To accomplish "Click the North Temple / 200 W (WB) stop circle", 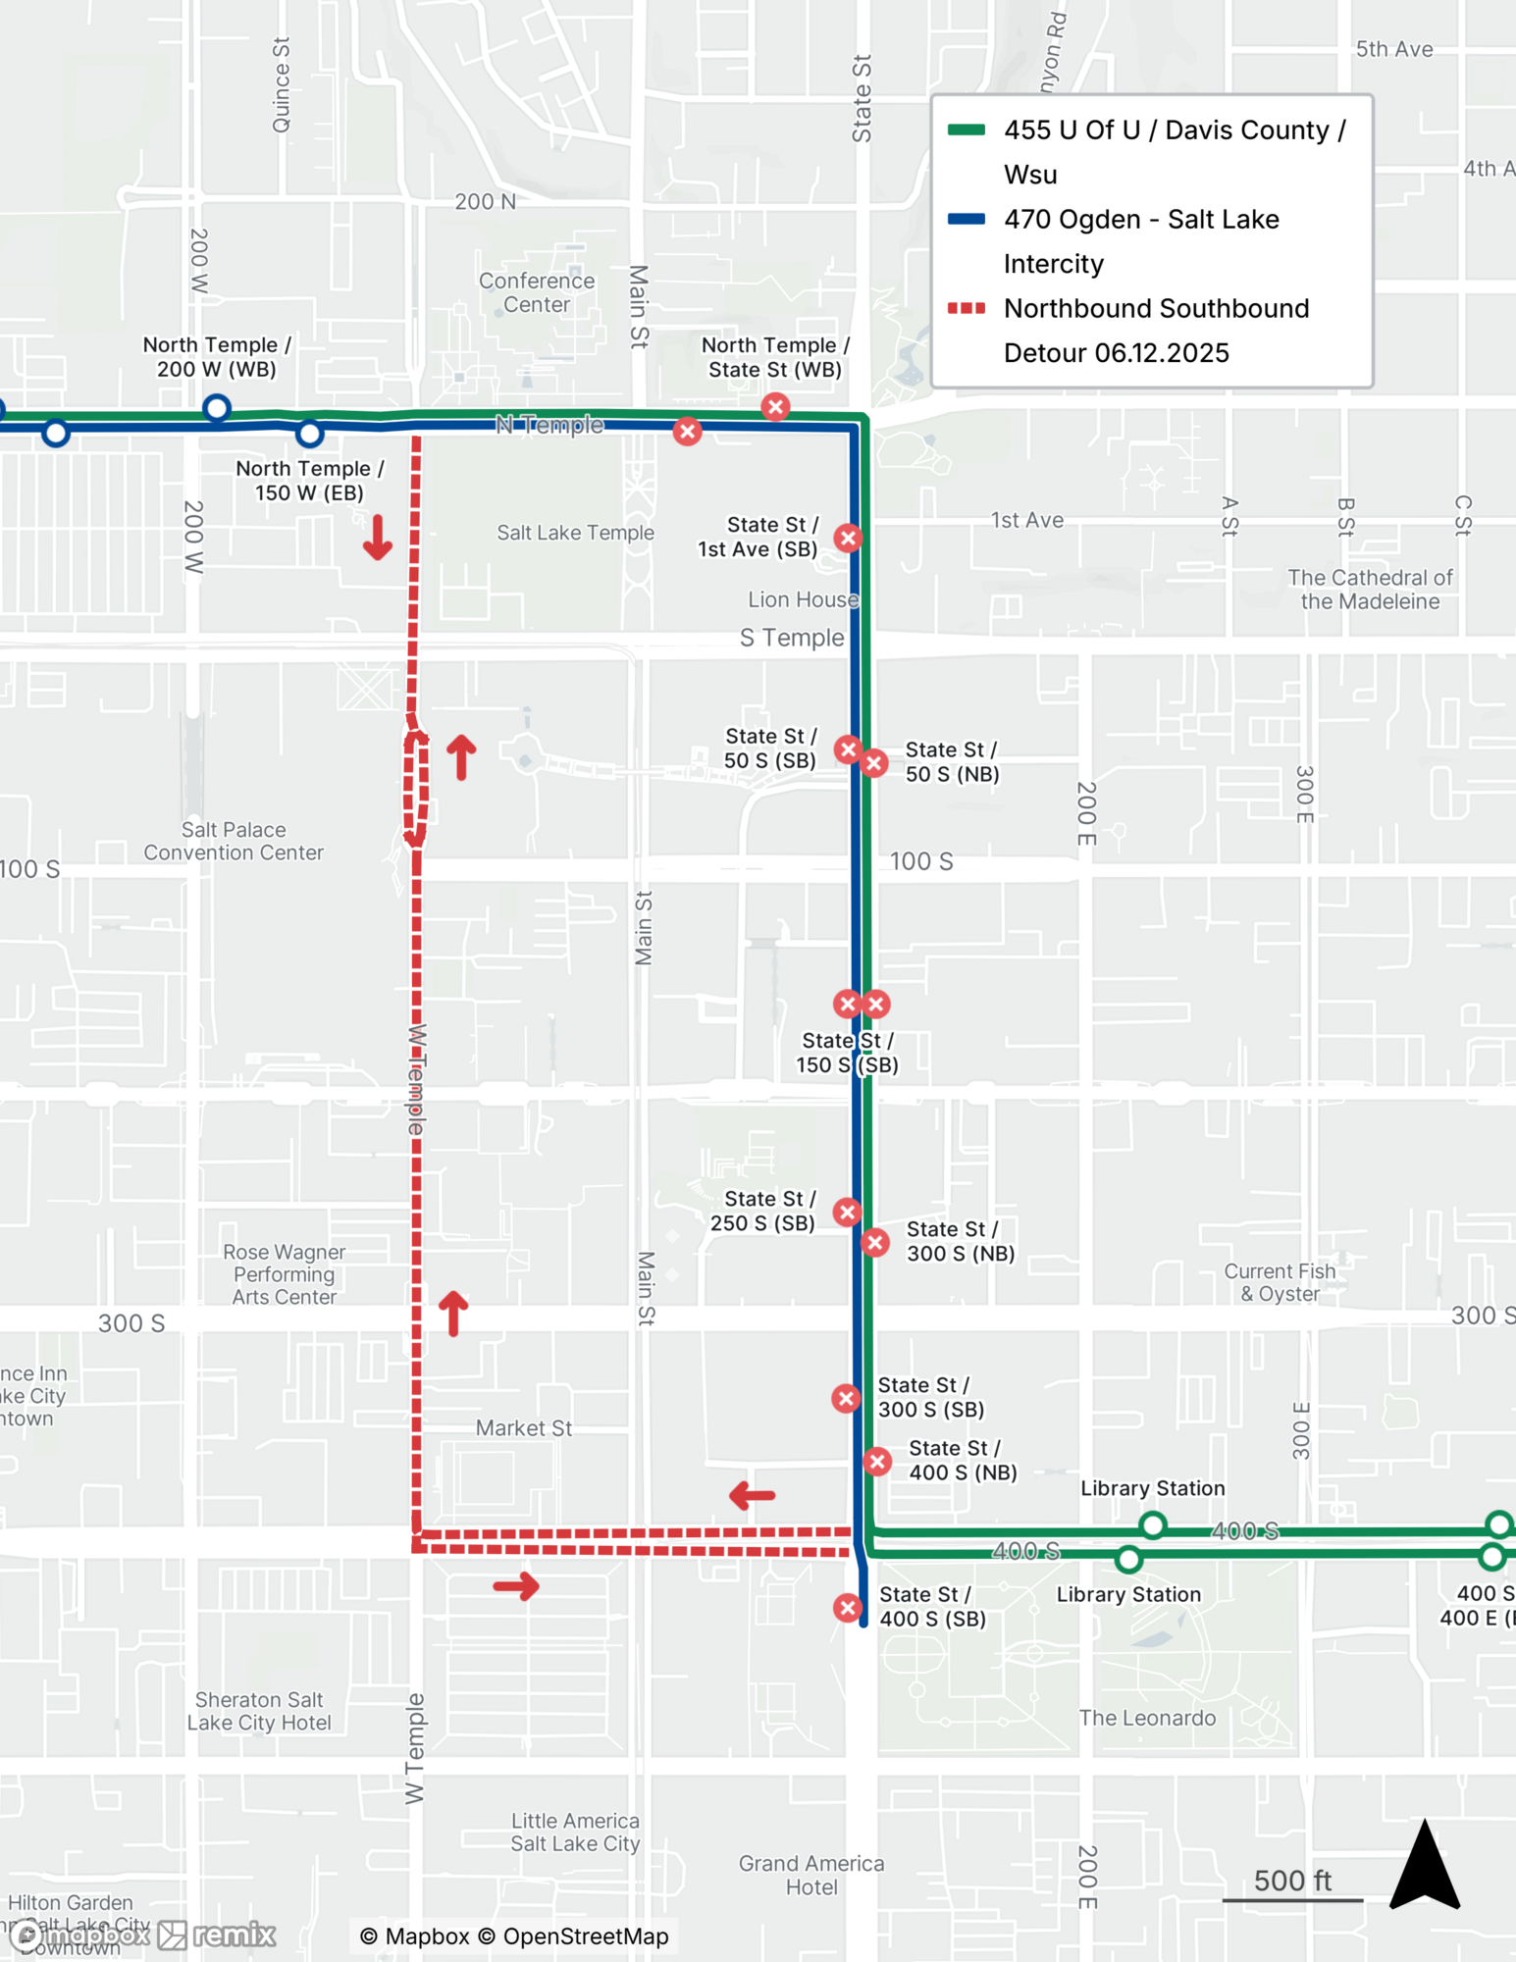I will [217, 407].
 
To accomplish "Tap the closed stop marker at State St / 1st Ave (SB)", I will [849, 538].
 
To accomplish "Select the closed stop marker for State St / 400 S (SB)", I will [848, 1608].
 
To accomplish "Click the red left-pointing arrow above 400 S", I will [753, 1496].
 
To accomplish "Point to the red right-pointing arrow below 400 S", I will [517, 1586].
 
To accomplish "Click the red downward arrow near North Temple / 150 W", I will [378, 539].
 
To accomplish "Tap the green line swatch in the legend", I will [967, 129].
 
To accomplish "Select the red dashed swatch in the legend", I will [967, 308].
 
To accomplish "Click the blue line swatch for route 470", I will [967, 219].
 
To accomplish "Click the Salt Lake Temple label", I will [575, 533].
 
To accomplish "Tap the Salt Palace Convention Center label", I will [234, 842].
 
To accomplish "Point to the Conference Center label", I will [537, 292].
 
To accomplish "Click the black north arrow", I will [1425, 1867].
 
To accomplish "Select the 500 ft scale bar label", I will [1292, 1881].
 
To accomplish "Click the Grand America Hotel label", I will [811, 1875].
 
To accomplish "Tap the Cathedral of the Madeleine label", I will [1370, 590].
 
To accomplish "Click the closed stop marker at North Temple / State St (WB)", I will [775, 406].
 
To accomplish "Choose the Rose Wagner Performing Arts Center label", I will [285, 1274].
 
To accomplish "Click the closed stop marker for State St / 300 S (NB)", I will [875, 1243].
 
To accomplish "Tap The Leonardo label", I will [1147, 1718].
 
